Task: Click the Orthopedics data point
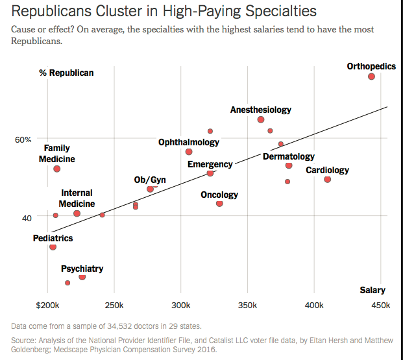[371, 77]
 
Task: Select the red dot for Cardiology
[327, 180]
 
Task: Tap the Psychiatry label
[82, 269]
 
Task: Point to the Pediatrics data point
[53, 247]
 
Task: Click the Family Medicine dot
[57, 169]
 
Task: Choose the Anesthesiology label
[261, 110]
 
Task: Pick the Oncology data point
[219, 204]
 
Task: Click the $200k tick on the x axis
[47, 305]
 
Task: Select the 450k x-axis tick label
[381, 305]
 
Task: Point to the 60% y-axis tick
[23, 139]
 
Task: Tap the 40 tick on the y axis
[27, 218]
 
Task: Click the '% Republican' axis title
[66, 73]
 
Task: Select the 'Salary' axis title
[372, 291]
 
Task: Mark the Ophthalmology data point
[189, 152]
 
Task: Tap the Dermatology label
[288, 156]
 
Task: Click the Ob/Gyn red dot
[151, 189]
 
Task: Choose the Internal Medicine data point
[77, 213]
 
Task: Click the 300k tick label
[181, 305]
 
